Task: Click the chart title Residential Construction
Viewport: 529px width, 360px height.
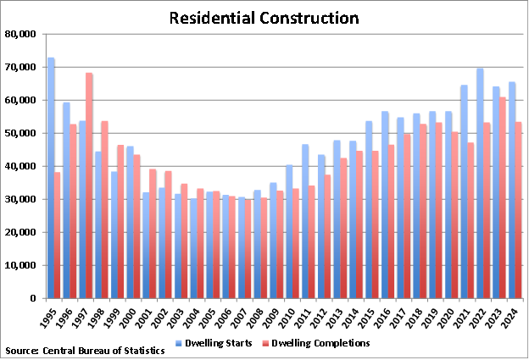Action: pyautogui.click(x=264, y=18)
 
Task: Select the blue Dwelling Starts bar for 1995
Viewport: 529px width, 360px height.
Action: pyautogui.click(x=51, y=178)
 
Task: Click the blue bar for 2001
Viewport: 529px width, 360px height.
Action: pyautogui.click(x=146, y=245)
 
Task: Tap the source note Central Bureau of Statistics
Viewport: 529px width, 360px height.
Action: pyautogui.click(x=85, y=350)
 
